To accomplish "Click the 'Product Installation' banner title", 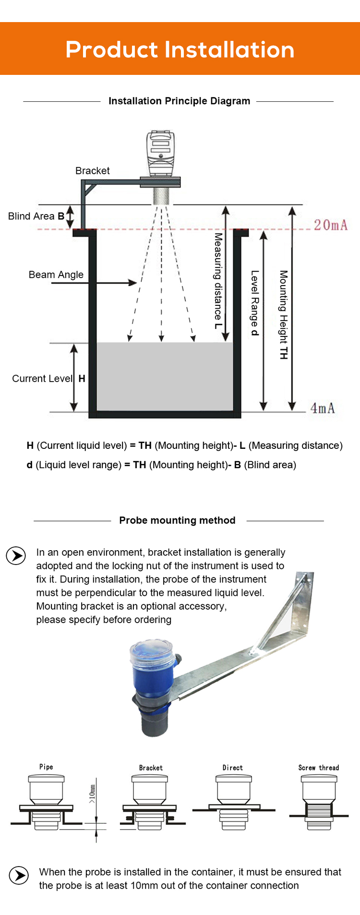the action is [180, 49].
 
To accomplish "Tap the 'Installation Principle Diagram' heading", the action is [179, 101].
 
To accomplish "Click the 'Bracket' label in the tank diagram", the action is [93, 171].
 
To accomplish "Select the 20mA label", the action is [331, 225].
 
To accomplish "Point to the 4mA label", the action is [323, 408].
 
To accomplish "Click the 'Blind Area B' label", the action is [36, 216].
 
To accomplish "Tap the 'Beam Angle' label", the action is [56, 275].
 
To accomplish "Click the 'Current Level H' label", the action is [48, 378].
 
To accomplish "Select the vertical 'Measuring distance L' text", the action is [218, 281].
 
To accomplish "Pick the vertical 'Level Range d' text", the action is [255, 303].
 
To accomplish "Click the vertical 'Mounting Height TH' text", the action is [284, 314].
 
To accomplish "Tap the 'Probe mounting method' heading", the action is [178, 520].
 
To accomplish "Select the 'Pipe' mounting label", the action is [46, 767].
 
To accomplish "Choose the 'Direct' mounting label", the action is [233, 768].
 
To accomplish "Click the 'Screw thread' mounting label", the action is [319, 768].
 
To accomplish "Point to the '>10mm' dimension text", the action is [92, 794].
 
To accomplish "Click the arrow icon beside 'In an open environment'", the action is [16, 556].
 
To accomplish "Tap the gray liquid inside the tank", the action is [165, 376].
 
